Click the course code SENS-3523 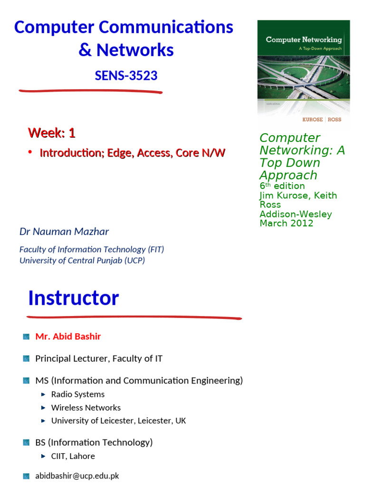[x=126, y=75]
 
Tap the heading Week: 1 [x=51, y=133]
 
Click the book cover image [x=303, y=74]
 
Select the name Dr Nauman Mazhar [x=64, y=232]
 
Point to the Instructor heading [x=73, y=298]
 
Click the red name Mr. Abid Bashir [x=68, y=336]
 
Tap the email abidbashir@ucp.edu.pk [x=77, y=476]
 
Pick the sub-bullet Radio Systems [x=78, y=394]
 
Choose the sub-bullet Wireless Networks [x=86, y=408]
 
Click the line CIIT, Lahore [x=73, y=456]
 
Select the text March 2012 [x=286, y=223]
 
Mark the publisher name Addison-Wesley [x=296, y=214]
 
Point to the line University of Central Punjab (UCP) [x=82, y=261]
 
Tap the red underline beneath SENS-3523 [x=90, y=91]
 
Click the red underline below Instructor [x=134, y=317]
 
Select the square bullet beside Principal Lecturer [x=26, y=359]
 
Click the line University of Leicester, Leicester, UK [x=119, y=421]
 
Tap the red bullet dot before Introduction [x=30, y=152]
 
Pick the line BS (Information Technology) [x=94, y=442]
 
